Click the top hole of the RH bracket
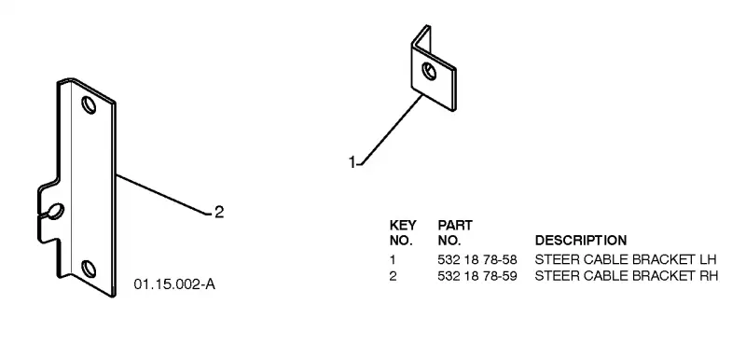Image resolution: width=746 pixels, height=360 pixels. click(89, 105)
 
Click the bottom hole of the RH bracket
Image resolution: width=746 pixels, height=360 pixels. click(89, 270)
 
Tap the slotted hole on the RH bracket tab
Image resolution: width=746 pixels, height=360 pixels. click(55, 212)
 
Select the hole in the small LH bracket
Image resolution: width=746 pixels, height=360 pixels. click(429, 71)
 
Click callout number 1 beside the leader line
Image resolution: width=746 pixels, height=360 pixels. click(352, 162)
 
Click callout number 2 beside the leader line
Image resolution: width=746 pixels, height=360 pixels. click(219, 212)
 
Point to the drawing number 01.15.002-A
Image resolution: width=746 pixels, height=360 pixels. click(174, 284)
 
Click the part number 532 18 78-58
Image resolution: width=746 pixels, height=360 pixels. click(477, 259)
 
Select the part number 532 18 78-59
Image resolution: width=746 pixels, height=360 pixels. click(477, 276)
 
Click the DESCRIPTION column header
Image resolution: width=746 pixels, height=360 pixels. click(581, 241)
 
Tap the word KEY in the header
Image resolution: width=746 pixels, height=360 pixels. click(403, 225)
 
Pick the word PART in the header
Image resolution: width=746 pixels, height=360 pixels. click(455, 225)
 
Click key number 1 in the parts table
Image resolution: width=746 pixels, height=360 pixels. click(393, 259)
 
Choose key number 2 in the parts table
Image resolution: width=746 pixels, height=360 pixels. click(393, 276)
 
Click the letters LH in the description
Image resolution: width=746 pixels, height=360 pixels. click(707, 259)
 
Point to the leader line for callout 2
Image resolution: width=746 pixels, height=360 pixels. click(163, 195)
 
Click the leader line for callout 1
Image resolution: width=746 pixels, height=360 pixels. click(390, 130)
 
